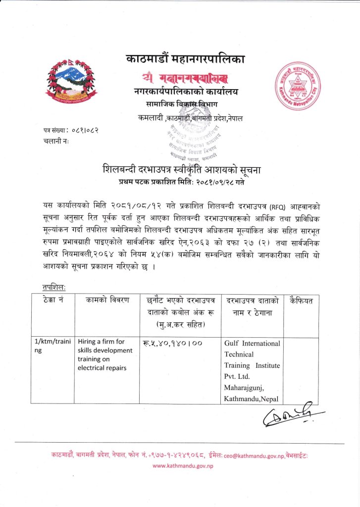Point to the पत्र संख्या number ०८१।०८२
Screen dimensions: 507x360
point(83,131)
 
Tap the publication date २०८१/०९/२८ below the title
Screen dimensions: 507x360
point(208,182)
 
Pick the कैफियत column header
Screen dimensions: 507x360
point(304,300)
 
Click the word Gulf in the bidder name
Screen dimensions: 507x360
point(232,343)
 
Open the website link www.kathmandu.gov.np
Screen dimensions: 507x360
point(180,466)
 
